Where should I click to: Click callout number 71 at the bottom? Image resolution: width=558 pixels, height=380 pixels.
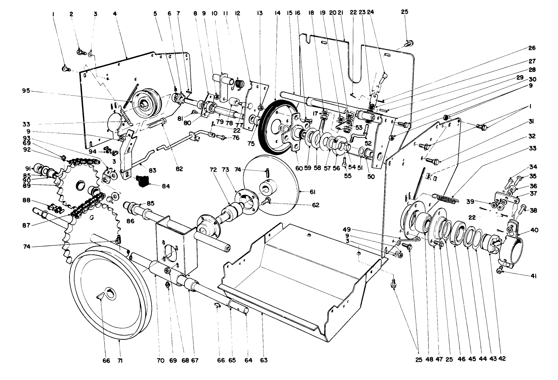(x=120, y=361)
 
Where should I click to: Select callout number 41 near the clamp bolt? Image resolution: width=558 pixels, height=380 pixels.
(x=533, y=277)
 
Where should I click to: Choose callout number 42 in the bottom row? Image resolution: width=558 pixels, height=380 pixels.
(x=502, y=359)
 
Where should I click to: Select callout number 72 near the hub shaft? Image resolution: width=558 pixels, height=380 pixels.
(x=213, y=171)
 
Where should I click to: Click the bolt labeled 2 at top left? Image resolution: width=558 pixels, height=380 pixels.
(x=80, y=52)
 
